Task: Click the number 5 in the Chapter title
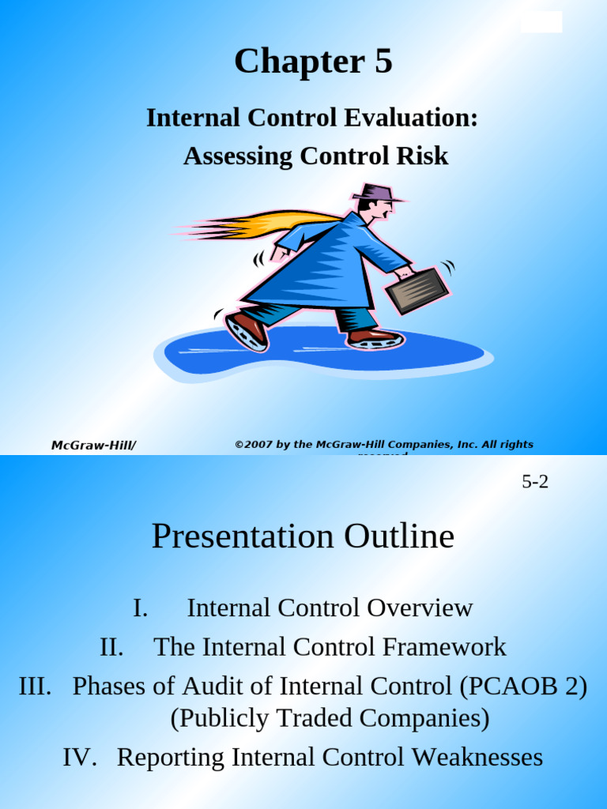tap(383, 62)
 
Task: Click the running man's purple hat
tap(375, 192)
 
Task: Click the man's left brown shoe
tap(247, 330)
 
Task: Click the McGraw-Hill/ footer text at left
tap(93, 446)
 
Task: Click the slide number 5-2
tap(535, 482)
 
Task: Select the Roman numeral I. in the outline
tap(140, 608)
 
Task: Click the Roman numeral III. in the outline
tap(35, 686)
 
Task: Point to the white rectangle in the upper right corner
tap(541, 22)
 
